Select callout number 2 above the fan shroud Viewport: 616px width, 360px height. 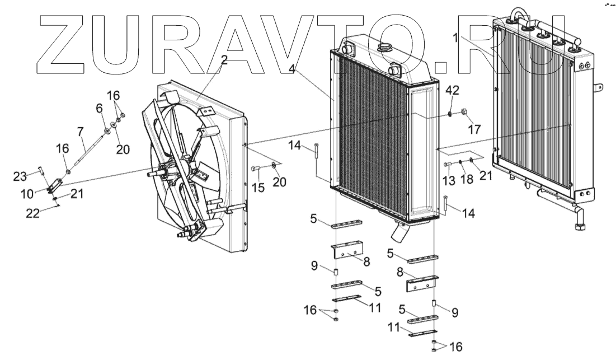224,60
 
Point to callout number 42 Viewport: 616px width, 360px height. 452,91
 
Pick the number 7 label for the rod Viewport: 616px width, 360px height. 100,107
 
